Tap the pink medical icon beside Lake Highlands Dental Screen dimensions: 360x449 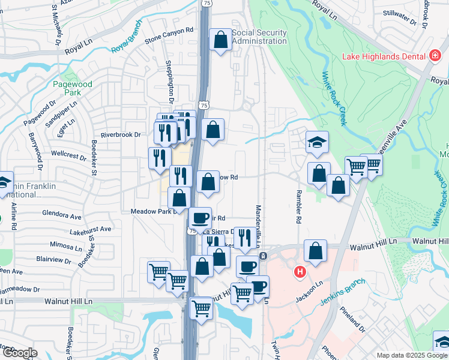point(435,56)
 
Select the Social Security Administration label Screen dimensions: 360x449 point(259,37)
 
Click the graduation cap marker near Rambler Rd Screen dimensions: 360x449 point(317,142)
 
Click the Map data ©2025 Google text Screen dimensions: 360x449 point(412,355)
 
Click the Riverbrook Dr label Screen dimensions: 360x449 point(120,135)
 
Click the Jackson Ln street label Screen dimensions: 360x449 point(310,290)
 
